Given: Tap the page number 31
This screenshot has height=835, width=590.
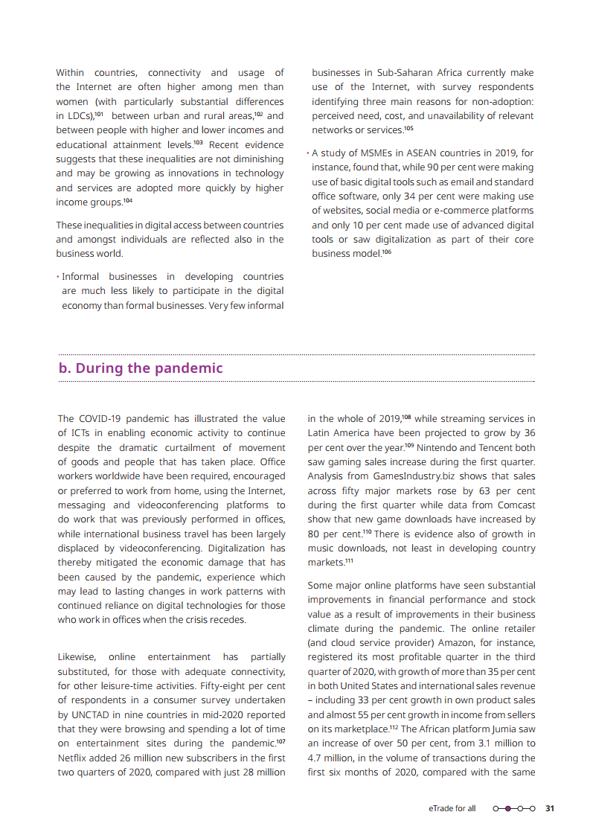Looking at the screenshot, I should (x=550, y=808).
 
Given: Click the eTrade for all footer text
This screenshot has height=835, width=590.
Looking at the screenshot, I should (x=452, y=808).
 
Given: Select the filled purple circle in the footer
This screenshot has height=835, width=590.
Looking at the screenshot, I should (x=507, y=808).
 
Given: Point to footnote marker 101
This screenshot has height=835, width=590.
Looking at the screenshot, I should (x=99, y=115).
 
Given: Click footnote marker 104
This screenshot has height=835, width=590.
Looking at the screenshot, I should (x=129, y=201).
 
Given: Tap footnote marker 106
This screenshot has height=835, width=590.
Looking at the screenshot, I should (x=387, y=252).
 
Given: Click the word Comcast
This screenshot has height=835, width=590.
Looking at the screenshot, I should (x=515, y=505).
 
